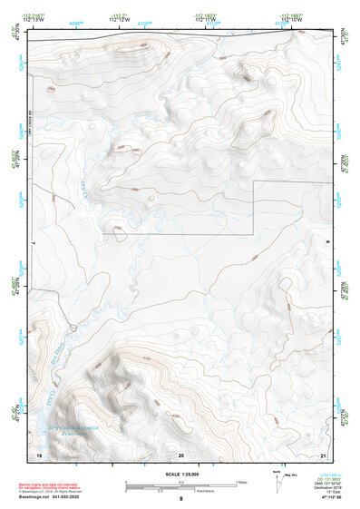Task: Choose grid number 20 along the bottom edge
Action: pyautogui.click(x=181, y=454)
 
